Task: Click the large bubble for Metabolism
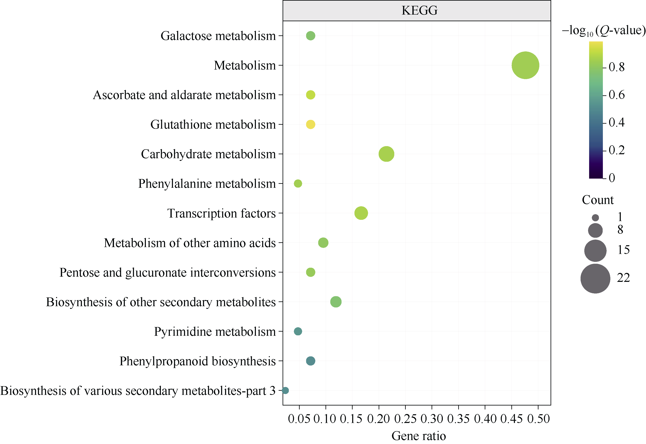(525, 65)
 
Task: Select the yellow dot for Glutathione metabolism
(310, 124)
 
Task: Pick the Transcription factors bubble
(361, 213)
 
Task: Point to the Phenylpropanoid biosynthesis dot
(310, 361)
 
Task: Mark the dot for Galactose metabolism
(310, 36)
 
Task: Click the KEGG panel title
(419, 11)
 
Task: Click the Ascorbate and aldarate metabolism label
(184, 95)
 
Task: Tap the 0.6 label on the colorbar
(616, 95)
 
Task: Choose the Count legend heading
(598, 200)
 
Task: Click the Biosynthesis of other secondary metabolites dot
(336, 302)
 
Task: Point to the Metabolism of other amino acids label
(190, 243)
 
